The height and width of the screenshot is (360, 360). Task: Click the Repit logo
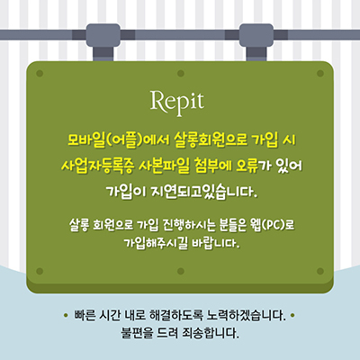coord(177,103)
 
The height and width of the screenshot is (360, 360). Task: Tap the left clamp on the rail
coord(103,42)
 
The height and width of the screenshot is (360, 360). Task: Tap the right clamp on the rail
coord(256,42)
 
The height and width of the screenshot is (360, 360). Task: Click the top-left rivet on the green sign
coord(40,74)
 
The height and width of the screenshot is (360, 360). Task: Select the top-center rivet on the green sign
coord(181,74)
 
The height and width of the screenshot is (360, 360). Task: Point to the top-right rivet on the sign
coord(320,74)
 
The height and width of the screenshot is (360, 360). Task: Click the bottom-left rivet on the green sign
coord(40,271)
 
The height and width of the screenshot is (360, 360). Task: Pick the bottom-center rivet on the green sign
coord(181,271)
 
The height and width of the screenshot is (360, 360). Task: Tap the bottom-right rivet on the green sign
coord(320,271)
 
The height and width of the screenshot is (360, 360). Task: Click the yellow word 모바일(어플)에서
coord(119,140)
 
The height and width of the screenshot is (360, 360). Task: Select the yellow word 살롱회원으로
coord(211,139)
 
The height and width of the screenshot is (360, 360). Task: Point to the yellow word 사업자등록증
coord(97,166)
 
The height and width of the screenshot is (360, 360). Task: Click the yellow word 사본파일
coord(164,166)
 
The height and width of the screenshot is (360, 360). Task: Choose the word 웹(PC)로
coord(272,225)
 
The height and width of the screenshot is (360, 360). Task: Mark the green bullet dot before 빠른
coord(66,315)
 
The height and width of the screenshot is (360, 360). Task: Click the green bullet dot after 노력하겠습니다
coord(292,315)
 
